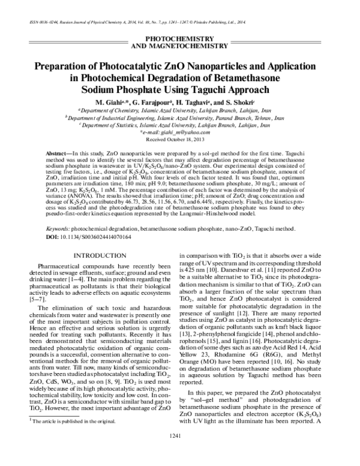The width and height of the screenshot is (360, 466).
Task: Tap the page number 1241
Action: [179, 451]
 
